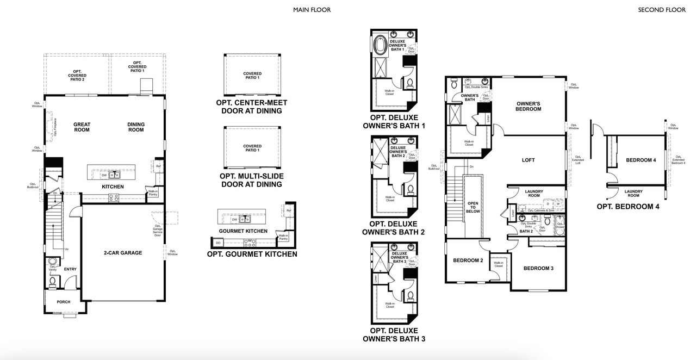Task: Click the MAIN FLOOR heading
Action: pyautogui.click(x=312, y=10)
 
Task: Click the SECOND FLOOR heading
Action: pyautogui.click(x=662, y=10)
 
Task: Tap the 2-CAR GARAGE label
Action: pyautogui.click(x=123, y=253)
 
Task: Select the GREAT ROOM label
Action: pyautogui.click(x=82, y=127)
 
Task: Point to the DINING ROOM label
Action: pyautogui.click(x=136, y=127)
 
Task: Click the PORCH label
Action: pyautogui.click(x=64, y=302)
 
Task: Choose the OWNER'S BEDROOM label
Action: pyautogui.click(x=529, y=106)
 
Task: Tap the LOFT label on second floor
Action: pyautogui.click(x=528, y=160)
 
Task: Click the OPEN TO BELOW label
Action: pyautogui.click(x=473, y=208)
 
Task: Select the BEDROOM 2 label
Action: pyautogui.click(x=468, y=260)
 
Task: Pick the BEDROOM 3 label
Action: pyautogui.click(x=538, y=268)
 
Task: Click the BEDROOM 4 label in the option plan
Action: pyautogui.click(x=641, y=160)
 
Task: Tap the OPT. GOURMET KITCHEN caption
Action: pyautogui.click(x=252, y=254)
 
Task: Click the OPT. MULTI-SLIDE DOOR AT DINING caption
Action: pyautogui.click(x=251, y=181)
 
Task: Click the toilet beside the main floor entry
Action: pyautogui.click(x=53, y=281)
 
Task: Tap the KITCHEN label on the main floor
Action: pyautogui.click(x=113, y=187)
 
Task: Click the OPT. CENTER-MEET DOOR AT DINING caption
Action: pyautogui.click(x=251, y=107)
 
